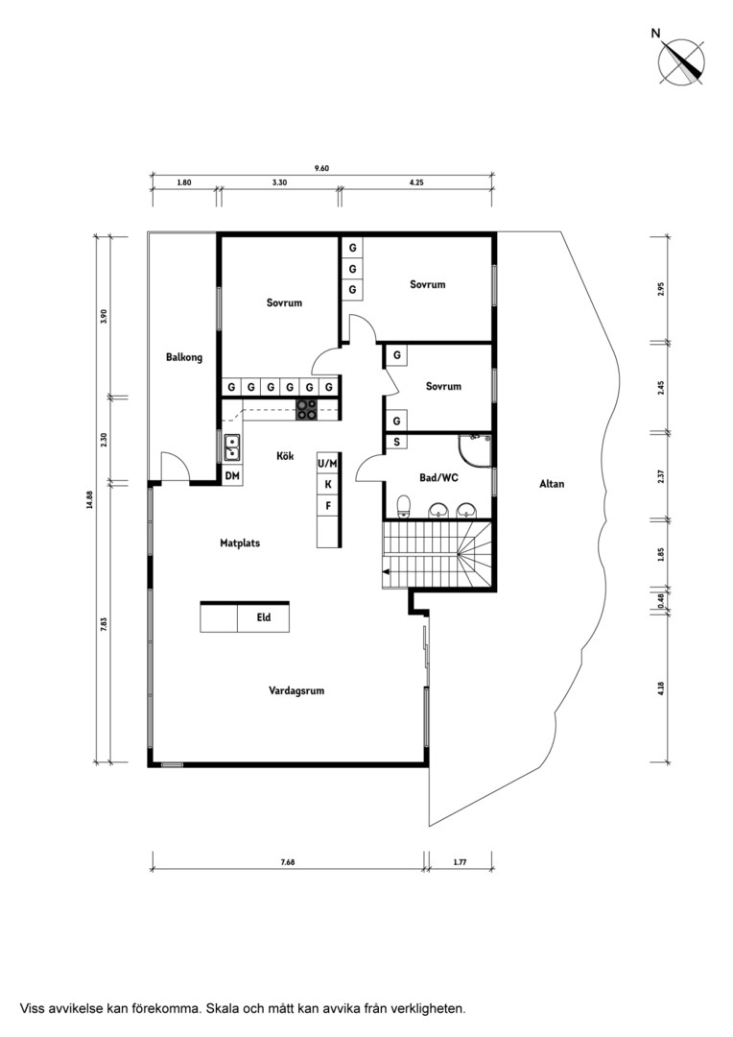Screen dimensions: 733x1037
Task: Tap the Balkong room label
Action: (184, 357)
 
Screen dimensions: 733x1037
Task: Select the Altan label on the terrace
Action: (552, 483)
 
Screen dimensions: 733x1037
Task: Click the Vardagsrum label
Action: (296, 690)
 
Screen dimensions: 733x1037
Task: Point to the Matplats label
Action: (240, 543)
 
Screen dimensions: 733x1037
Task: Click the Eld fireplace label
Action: (264, 617)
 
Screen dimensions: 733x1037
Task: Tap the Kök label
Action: (285, 456)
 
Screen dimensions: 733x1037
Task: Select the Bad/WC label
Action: (438, 477)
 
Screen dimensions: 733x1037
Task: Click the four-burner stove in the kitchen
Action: (306, 410)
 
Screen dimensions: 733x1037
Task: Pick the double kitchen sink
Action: (232, 447)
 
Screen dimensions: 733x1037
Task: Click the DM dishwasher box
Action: (232, 475)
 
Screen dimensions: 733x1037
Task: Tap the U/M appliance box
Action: (328, 464)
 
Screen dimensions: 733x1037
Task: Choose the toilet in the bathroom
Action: (405, 506)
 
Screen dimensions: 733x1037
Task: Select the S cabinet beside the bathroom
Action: (396, 441)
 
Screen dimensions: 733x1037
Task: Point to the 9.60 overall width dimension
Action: (321, 168)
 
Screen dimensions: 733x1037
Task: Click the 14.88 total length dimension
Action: (88, 498)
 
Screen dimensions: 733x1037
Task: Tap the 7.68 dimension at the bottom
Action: (288, 861)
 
